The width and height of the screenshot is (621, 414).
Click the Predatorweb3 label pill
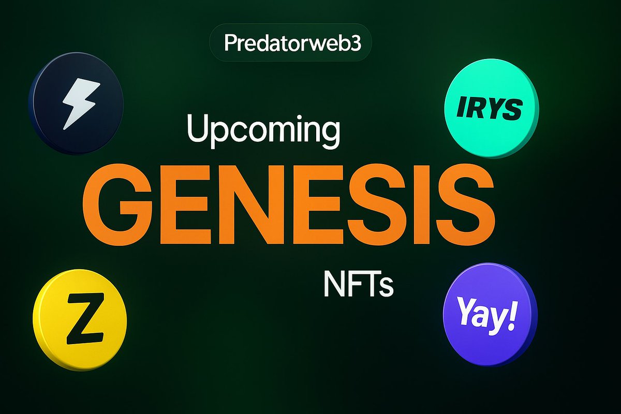click(290, 43)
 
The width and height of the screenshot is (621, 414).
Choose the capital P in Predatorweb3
click(229, 43)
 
